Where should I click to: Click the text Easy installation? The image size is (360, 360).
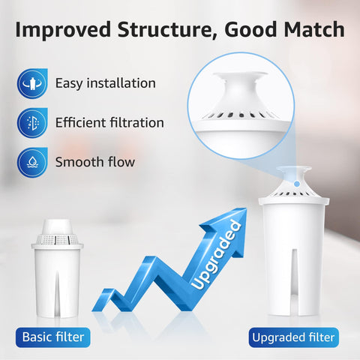[x=105, y=82]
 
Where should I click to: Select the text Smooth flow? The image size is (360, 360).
[x=95, y=160]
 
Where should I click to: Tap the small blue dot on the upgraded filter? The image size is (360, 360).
[x=298, y=182]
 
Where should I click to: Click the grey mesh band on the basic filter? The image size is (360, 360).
[x=57, y=238]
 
